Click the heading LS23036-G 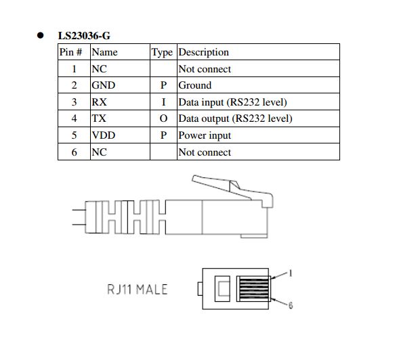pos(84,36)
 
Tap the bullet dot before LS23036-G pos(40,35)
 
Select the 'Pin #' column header pos(70,52)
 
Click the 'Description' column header pos(203,52)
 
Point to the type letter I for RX pos(163,102)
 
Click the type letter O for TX pos(163,118)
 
